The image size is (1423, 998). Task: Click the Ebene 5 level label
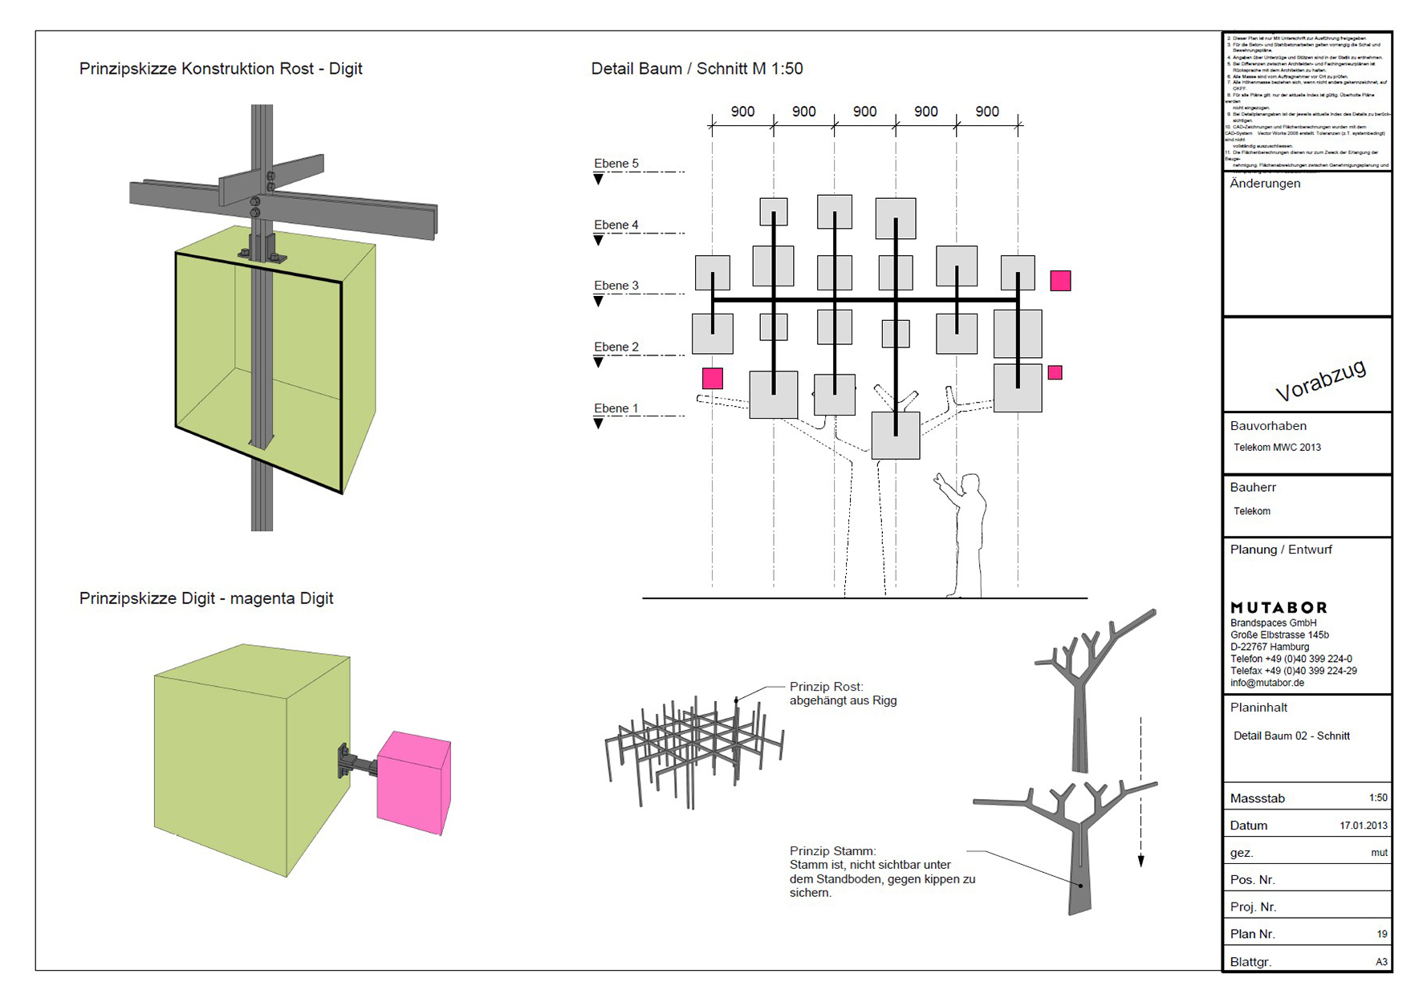[616, 164]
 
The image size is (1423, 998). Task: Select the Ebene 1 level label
[616, 408]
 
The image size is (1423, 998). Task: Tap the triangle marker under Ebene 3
[598, 302]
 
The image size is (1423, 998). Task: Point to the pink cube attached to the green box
[413, 782]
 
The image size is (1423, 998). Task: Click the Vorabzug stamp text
[1320, 380]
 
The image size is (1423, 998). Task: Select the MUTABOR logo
[1279, 607]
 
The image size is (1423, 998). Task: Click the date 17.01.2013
[1363, 826]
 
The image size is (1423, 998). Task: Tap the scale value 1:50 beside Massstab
[1377, 798]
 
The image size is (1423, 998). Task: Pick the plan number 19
[1381, 934]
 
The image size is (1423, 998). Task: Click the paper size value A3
[1380, 962]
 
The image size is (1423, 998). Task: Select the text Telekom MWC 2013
[1277, 448]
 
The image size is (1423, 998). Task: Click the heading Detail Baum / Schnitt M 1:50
[697, 69]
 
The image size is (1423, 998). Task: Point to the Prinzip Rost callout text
[842, 694]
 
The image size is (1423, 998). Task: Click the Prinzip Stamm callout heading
[832, 851]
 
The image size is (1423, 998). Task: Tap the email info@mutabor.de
[1266, 684]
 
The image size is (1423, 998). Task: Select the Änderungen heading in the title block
[1265, 184]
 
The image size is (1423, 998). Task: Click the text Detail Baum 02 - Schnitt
[1291, 736]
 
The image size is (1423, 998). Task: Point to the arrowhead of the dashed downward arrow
[1140, 861]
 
